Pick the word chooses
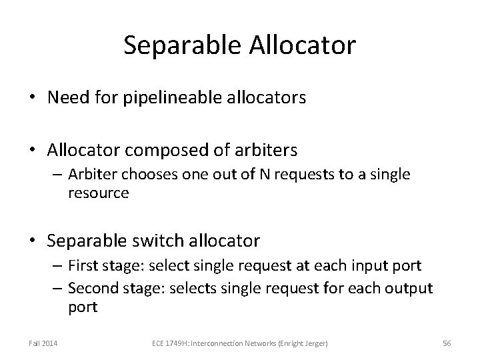click(145, 175)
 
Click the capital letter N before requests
click(251, 175)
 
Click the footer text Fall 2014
click(43, 342)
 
